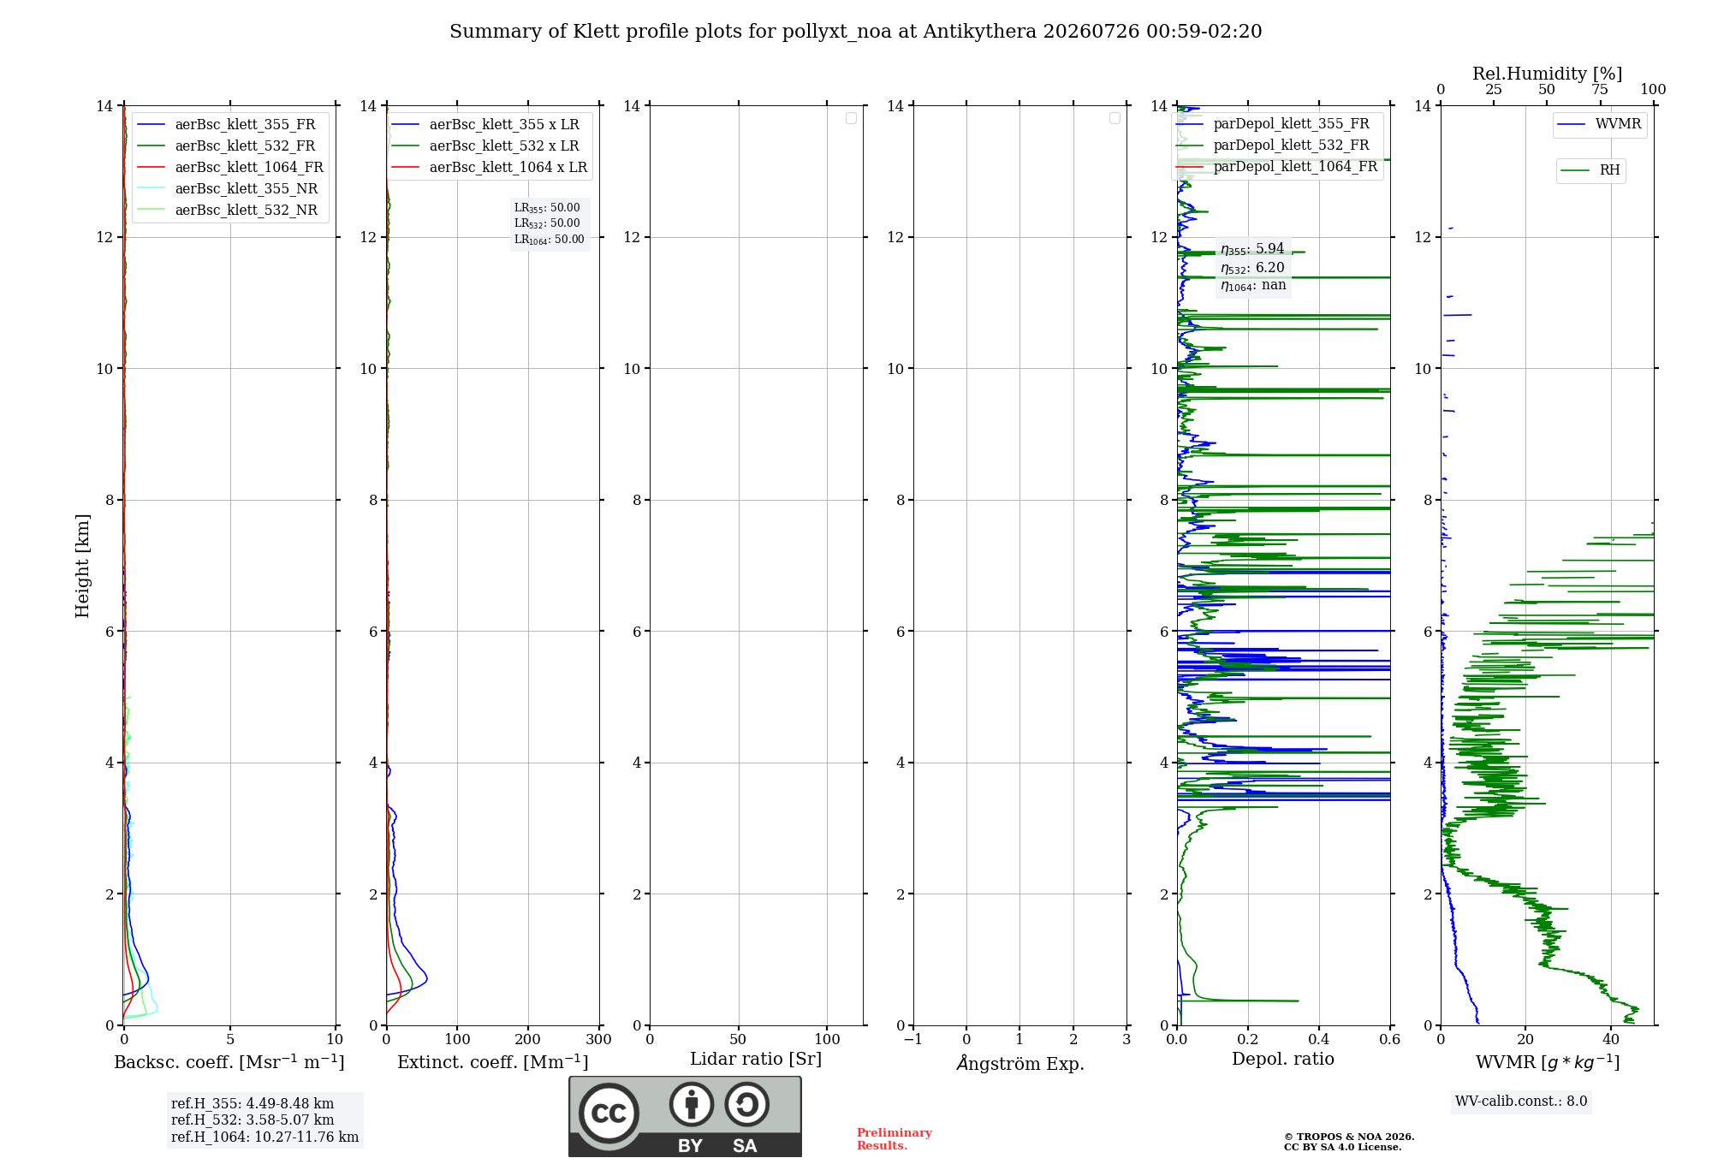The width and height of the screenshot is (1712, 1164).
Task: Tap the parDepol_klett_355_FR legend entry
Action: pos(1273,124)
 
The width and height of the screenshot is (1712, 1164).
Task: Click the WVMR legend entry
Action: pos(1599,124)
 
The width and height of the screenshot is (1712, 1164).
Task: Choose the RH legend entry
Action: pos(1590,170)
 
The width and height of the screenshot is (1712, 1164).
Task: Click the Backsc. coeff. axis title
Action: pos(229,1062)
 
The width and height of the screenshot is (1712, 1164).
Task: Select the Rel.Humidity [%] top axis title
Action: pos(1548,74)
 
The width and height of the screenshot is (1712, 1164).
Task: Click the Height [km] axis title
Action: pos(82,566)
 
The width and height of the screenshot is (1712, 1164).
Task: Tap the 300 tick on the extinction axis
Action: pos(598,1039)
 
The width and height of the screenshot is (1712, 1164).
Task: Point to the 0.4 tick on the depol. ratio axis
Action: pos(1319,1039)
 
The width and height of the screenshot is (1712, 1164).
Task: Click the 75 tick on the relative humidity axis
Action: pos(1600,90)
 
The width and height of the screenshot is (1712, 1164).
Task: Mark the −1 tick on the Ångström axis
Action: pos(913,1039)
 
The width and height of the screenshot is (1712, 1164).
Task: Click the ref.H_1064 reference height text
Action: pos(265,1137)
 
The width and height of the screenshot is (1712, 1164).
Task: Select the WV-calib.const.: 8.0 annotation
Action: pos(1521,1102)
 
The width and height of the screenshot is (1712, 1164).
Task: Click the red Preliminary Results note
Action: pos(895,1139)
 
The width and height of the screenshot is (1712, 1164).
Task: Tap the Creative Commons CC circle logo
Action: pos(609,1114)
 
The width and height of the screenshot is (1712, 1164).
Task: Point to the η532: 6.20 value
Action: pos(1252,268)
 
